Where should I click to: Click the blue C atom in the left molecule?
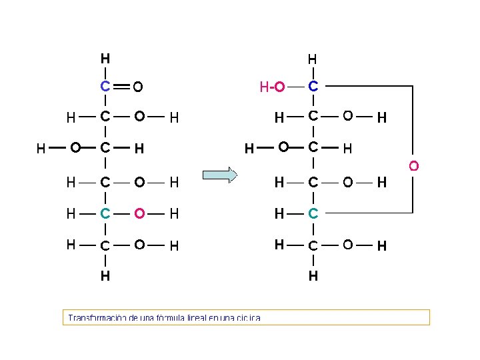click(x=105, y=86)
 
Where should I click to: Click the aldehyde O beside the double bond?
click(x=137, y=87)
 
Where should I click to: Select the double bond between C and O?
click(x=121, y=86)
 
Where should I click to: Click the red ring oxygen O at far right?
click(x=413, y=165)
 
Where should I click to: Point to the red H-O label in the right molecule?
click(x=272, y=87)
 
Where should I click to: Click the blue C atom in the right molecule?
click(x=313, y=86)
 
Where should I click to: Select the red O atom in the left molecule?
click(x=139, y=214)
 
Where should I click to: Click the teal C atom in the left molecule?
click(x=105, y=214)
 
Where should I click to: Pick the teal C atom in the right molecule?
click(x=313, y=214)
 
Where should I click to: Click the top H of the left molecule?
click(x=105, y=57)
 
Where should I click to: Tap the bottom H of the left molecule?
click(x=105, y=275)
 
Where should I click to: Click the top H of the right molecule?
click(x=312, y=59)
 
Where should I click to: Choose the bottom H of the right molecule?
click(x=313, y=275)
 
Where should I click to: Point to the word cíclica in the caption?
click(x=248, y=318)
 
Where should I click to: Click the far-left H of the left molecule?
click(x=41, y=148)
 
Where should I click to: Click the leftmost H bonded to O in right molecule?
click(x=249, y=148)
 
